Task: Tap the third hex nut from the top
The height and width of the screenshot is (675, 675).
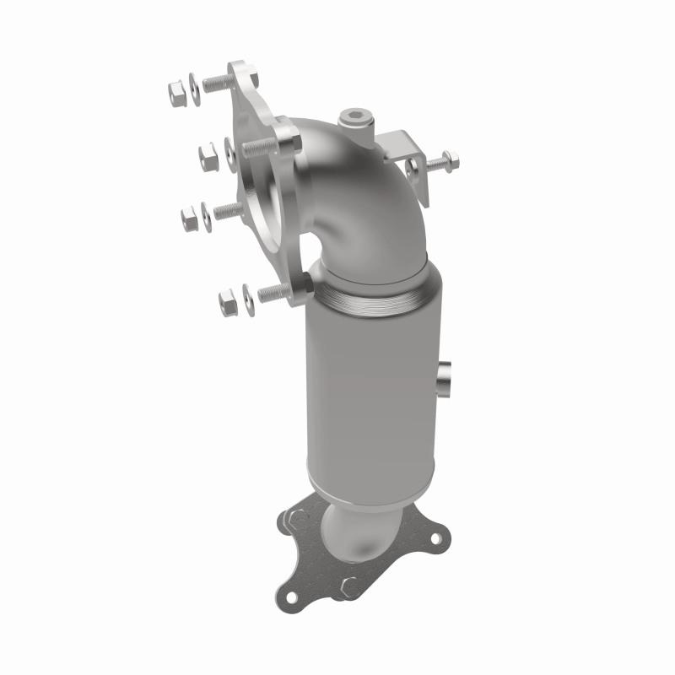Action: (190, 218)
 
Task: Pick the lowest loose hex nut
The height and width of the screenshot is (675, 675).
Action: (227, 300)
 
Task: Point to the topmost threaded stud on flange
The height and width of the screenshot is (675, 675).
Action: (216, 83)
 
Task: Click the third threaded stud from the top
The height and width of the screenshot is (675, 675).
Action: (228, 211)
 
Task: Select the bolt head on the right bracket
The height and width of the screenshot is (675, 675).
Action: (450, 158)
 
